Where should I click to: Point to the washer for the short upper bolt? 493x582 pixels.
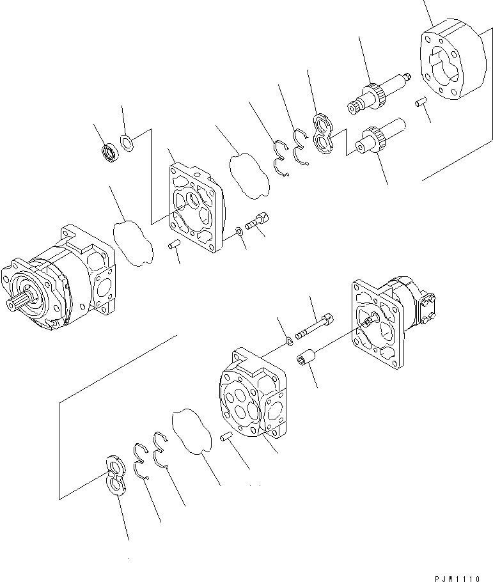[239, 230]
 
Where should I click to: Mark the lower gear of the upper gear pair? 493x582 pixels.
[374, 139]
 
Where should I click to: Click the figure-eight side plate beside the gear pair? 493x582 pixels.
[324, 134]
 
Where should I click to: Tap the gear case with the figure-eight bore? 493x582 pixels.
[451, 64]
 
